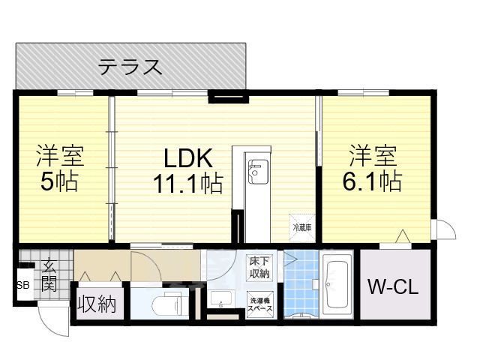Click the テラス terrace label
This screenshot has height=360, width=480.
[130, 67]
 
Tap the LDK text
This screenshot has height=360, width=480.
[190, 157]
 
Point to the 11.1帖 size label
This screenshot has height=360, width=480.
[190, 181]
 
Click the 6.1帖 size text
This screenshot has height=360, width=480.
[373, 181]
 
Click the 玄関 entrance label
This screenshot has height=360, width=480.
[49, 274]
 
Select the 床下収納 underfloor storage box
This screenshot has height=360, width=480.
[260, 267]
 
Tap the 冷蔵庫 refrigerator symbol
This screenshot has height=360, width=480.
[300, 223]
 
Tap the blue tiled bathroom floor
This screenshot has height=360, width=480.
[301, 281]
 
